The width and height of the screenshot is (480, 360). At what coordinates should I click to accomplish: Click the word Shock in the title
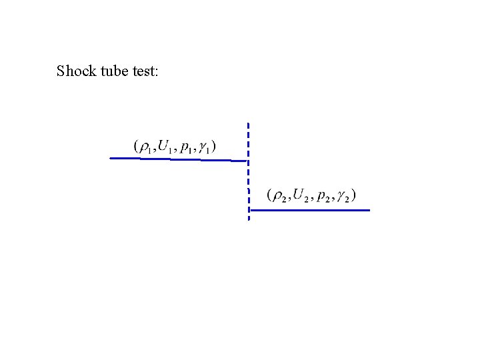(76, 71)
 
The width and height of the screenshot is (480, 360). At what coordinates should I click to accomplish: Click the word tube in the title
(113, 71)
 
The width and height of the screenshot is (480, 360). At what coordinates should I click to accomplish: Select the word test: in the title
(145, 71)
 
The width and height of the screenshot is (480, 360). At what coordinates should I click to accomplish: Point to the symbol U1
(165, 146)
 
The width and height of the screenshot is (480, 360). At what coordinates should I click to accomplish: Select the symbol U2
(301, 195)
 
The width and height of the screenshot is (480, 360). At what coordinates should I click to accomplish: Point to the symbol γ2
(343, 196)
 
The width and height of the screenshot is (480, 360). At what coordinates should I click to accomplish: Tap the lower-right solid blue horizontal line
(309, 210)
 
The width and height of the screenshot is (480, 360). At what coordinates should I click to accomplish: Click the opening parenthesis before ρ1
(136, 146)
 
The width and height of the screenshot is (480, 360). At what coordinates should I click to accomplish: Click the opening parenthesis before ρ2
(269, 195)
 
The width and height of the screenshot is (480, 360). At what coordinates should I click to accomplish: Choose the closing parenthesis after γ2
(353, 195)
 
